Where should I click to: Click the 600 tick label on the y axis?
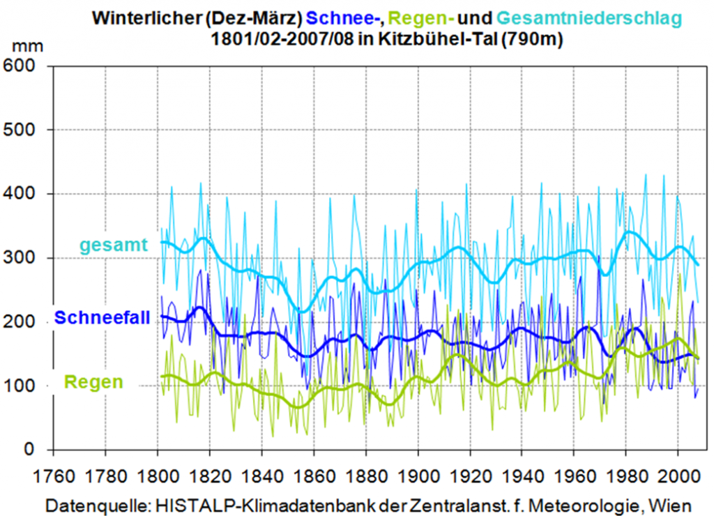click(x=22, y=66)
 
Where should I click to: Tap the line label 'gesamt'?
click(x=114, y=245)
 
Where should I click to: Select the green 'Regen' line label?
click(x=93, y=382)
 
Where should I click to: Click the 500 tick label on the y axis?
click(x=22, y=130)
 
